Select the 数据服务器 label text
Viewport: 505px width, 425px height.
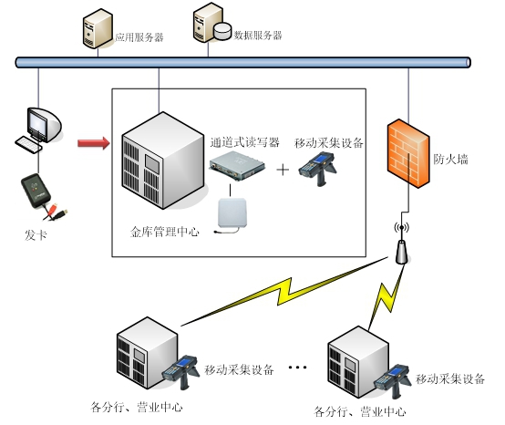point(258,36)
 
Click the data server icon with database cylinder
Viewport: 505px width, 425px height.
point(209,26)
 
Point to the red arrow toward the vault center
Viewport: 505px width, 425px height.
point(93,142)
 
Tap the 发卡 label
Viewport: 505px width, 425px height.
point(35,235)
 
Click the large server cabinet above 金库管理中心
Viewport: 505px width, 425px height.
point(160,161)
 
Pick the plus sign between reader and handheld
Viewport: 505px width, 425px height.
point(283,170)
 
